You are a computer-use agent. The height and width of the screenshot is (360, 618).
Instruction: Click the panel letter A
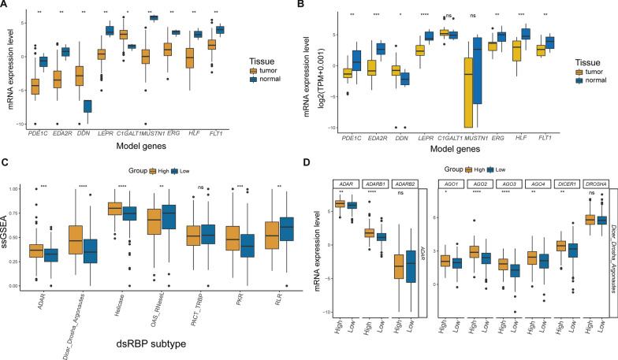(6, 6)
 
